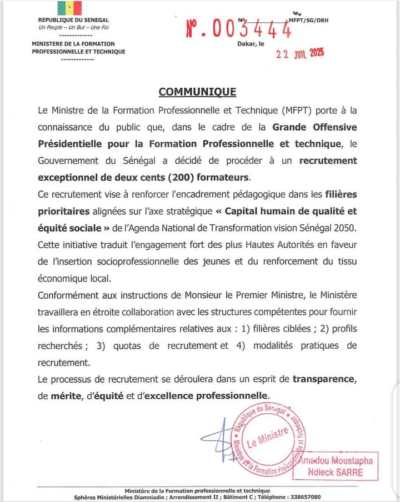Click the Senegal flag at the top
(69, 8)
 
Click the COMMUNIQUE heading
(197, 92)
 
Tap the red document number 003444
(239, 29)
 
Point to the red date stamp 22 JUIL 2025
(301, 54)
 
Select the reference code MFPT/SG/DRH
(308, 21)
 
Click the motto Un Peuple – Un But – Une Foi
(70, 27)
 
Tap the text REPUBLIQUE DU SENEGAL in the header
(70, 21)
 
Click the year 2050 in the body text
(347, 228)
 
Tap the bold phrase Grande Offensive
(314, 127)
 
